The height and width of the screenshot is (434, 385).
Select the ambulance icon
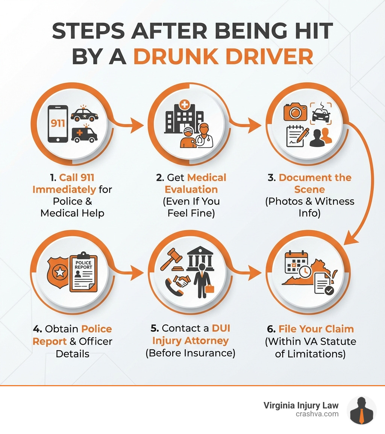[x=84, y=134]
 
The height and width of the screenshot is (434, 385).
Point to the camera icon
[x=295, y=112]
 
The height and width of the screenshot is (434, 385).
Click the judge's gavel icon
[x=171, y=259]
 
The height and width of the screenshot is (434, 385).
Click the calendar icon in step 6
[x=296, y=262]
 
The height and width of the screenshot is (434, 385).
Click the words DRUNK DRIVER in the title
[x=223, y=57]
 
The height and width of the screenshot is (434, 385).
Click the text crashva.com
[x=317, y=414]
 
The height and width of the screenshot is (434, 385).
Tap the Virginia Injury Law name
[x=301, y=405]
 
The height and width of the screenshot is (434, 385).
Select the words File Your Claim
[x=316, y=329]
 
